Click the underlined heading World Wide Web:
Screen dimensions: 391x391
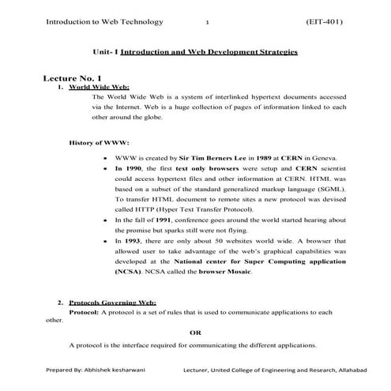[99, 88]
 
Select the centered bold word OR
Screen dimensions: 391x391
[195, 332]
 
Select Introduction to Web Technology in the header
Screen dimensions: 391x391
[94, 22]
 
